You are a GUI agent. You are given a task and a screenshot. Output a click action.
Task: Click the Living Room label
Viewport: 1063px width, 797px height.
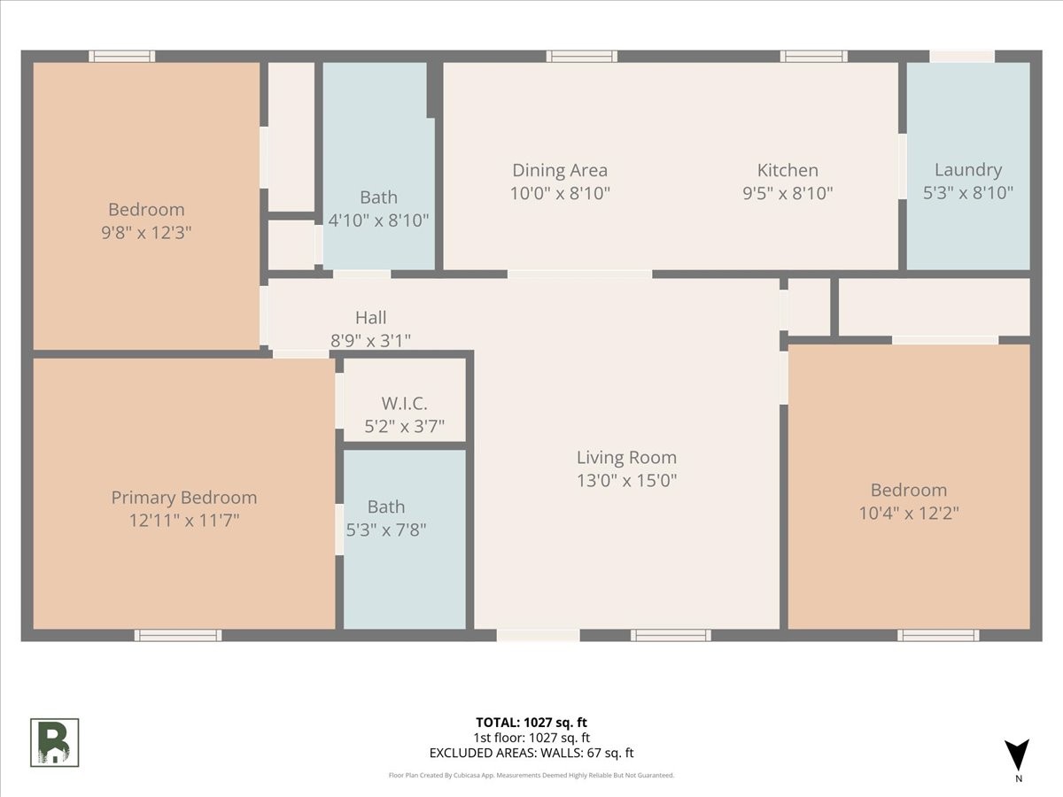click(x=626, y=458)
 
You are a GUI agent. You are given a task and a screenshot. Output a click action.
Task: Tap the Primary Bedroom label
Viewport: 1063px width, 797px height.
click(x=184, y=498)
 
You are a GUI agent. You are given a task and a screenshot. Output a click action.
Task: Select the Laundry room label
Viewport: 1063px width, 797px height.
click(x=968, y=170)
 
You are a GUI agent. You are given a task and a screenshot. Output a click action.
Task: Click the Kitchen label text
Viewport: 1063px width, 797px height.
click(x=788, y=170)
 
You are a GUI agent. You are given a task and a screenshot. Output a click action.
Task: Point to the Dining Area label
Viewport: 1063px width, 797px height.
click(x=560, y=170)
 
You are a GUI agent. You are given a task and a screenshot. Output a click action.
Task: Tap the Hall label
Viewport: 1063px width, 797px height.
click(x=370, y=317)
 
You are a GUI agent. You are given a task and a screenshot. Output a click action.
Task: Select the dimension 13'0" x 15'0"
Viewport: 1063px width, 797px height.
click(x=626, y=481)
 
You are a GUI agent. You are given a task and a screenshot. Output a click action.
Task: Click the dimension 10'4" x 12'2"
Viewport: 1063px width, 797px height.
click(x=909, y=513)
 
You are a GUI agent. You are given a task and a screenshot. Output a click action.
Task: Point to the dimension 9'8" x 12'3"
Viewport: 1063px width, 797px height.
click(x=146, y=233)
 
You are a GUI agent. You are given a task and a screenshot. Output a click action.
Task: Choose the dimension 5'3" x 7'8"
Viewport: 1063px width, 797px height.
click(x=386, y=530)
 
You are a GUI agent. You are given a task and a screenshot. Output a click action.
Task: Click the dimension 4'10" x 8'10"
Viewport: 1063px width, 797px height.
click(x=379, y=221)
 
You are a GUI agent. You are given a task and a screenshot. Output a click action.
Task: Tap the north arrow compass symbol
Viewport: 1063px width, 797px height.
click(x=1018, y=755)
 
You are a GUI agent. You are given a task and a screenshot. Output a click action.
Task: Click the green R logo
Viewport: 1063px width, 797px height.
click(x=55, y=742)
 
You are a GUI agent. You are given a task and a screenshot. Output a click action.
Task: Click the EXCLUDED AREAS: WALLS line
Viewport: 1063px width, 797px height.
click(x=531, y=754)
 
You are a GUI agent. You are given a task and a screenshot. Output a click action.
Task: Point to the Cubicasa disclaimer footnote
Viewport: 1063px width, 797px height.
click(x=531, y=775)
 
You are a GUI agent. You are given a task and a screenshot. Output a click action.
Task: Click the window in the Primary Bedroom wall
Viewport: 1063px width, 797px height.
click(x=178, y=635)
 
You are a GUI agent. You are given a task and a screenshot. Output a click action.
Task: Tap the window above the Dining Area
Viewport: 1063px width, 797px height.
click(x=582, y=57)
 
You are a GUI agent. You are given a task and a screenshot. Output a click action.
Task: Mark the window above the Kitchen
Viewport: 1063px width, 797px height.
click(x=813, y=57)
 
